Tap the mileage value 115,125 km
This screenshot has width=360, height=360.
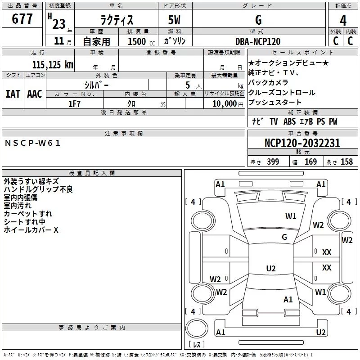click(x=53, y=64)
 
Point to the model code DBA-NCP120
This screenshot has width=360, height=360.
click(x=258, y=41)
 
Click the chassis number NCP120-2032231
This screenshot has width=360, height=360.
click(x=302, y=144)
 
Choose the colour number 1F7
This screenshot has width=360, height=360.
click(x=74, y=103)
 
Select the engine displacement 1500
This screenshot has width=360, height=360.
click(x=137, y=41)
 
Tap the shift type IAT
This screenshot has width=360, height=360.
click(x=13, y=94)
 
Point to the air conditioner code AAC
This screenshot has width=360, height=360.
click(x=35, y=94)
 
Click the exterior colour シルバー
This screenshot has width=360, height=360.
click(x=96, y=85)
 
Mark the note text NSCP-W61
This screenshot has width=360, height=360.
click(x=32, y=143)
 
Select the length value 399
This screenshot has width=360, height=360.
click(x=273, y=162)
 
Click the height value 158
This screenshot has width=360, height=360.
click(x=346, y=162)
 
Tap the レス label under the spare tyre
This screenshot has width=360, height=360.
click(x=196, y=345)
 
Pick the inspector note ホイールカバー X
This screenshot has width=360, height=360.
click(x=31, y=230)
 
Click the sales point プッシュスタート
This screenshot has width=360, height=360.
click(x=274, y=102)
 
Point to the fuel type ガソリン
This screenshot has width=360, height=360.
click(x=175, y=41)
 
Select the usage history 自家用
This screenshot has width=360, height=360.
click(x=96, y=41)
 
